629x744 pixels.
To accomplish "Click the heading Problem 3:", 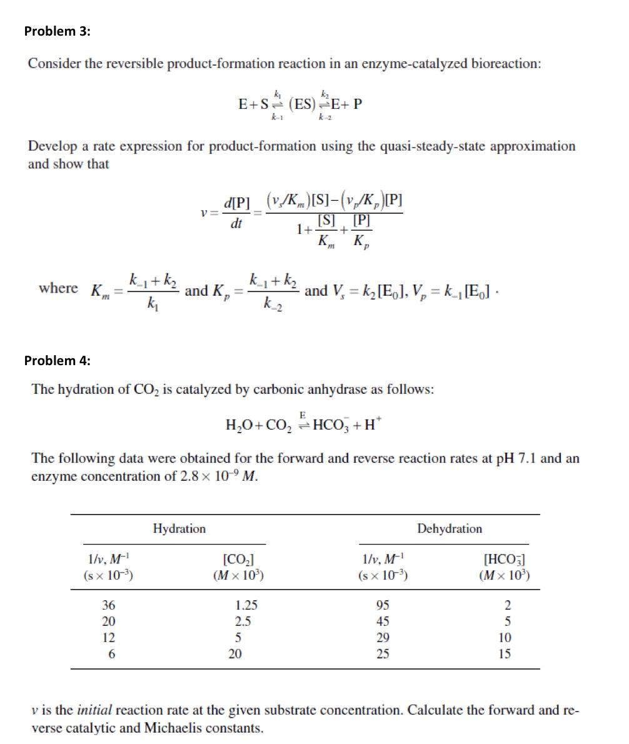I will point(57,31).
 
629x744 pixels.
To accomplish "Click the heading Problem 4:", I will point(57,360).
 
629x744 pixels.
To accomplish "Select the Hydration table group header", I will point(179,529).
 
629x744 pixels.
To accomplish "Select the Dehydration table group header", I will point(450,529).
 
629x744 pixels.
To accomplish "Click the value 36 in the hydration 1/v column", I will point(109,605).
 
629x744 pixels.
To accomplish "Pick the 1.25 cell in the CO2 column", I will point(246,605).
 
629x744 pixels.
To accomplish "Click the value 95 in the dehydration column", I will point(383,605).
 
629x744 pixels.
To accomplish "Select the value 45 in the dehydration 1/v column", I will point(383,621).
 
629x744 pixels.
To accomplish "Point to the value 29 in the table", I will point(383,638).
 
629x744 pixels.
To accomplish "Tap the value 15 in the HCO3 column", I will point(505,654).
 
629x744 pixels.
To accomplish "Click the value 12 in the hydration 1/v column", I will point(109,638).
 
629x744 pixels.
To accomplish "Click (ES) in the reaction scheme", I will point(304,104).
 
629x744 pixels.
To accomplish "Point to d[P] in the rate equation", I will point(236,203).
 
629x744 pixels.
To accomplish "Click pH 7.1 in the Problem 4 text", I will point(515,458).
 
